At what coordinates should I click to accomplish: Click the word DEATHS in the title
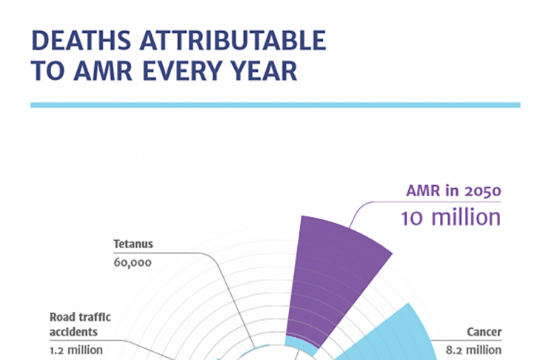[x=81, y=40]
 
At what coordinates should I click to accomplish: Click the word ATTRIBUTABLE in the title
[x=233, y=40]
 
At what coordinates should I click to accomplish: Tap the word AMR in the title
[x=103, y=71]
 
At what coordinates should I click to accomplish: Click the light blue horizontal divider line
[x=276, y=105]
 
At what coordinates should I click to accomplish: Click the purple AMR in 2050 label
[x=453, y=191]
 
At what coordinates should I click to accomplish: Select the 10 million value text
[x=451, y=218]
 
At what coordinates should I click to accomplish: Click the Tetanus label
[x=133, y=244]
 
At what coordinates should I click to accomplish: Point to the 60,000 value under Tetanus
[x=133, y=263]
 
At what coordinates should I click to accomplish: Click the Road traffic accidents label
[x=80, y=324]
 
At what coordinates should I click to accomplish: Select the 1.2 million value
[x=76, y=350]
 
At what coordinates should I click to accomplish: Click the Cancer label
[x=485, y=332]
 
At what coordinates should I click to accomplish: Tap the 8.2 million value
[x=473, y=350]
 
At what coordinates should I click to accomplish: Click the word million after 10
[x=466, y=218]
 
